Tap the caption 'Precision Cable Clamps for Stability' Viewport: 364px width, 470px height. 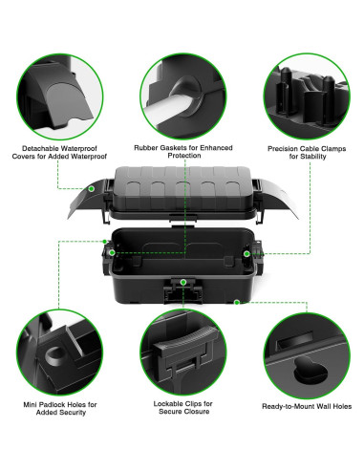pyautogui.click(x=302, y=154)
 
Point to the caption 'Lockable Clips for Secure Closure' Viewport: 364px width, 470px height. pyautogui.click(x=182, y=409)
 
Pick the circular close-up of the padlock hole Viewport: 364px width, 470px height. pyautogui.click(x=59, y=350)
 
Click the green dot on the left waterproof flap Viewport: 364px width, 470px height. pyautogui.click(x=91, y=190)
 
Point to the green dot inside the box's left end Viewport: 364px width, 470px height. pyautogui.click(x=113, y=253)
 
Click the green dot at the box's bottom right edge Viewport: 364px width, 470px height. pyautogui.click(x=236, y=302)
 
